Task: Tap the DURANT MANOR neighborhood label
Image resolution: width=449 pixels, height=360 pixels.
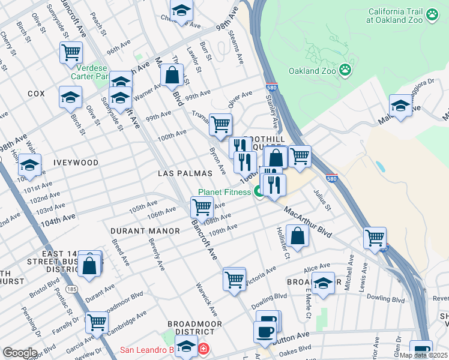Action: [x=145, y=231]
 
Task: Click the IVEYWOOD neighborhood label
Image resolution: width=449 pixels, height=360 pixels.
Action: [x=75, y=163]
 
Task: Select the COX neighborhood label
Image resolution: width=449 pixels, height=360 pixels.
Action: [x=36, y=94]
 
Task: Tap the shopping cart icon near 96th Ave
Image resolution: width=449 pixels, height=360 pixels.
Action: [x=71, y=53]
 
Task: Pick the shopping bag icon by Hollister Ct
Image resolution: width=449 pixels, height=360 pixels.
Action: [x=298, y=235]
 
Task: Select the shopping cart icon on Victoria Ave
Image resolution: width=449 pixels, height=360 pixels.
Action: [x=234, y=278]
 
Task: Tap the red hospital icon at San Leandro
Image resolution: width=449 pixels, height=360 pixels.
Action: [x=203, y=349]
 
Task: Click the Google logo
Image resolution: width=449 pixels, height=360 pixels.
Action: [x=20, y=353]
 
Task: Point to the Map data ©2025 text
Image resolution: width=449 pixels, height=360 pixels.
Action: [x=422, y=355]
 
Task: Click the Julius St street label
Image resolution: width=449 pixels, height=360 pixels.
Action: [x=322, y=200]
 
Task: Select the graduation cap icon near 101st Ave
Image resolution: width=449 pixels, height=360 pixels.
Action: [x=29, y=164]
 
